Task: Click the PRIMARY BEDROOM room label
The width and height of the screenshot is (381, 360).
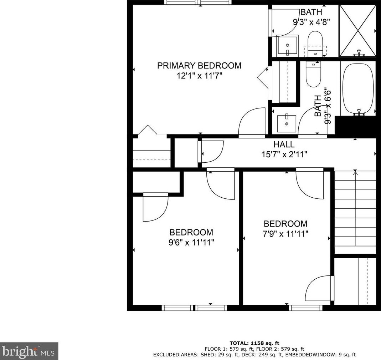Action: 199,66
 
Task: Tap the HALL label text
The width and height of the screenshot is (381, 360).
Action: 284,144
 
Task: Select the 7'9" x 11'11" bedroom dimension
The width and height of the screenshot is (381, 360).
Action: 285,234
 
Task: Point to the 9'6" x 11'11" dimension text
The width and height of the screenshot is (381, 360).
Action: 191,243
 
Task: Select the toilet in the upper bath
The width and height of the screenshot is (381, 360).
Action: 315,43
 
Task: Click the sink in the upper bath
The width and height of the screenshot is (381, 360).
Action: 288,46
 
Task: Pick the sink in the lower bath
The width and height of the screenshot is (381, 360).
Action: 287,123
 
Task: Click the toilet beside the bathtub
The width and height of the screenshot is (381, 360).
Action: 313,74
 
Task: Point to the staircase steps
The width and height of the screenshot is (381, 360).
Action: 355,212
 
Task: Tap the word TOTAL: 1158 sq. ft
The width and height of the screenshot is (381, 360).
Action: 254,343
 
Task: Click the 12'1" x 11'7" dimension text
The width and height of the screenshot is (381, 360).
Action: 200,76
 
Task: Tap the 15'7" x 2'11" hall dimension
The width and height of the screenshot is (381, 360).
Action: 284,154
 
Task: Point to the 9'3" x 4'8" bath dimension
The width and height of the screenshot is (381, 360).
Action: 311,22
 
